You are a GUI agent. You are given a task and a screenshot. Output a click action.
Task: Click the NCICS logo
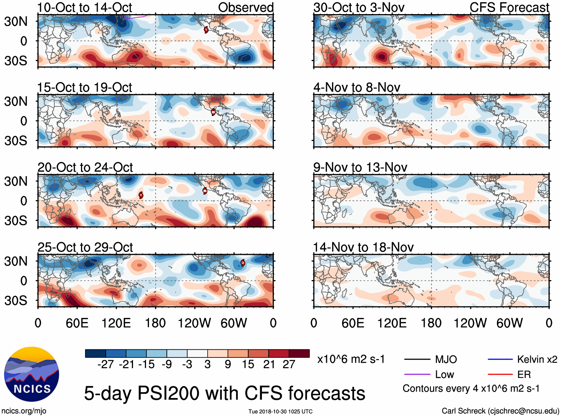tap(32, 374)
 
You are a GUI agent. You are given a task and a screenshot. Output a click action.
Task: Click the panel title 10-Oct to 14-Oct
tap(84, 7)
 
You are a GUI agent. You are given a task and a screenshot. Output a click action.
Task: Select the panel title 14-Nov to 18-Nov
tap(363, 247)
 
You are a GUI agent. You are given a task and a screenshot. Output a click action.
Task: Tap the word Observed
tap(246, 7)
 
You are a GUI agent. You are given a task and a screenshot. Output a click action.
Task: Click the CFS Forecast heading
tap(509, 7)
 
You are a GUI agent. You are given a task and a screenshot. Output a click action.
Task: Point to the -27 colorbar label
tap(106, 365)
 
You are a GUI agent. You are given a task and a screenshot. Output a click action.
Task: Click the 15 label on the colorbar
tap(248, 365)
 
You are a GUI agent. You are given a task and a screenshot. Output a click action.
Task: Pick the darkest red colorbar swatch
tap(299, 353)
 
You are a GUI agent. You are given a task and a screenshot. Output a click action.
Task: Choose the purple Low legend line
tap(417, 375)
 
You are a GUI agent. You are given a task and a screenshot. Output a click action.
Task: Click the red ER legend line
tap(500, 375)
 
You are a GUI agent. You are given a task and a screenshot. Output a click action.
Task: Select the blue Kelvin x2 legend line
tap(500, 359)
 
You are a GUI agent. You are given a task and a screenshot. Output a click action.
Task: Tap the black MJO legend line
tap(417, 359)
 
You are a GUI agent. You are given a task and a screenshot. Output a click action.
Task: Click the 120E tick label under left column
tap(116, 323)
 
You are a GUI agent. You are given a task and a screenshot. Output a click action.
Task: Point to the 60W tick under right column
tap(509, 323)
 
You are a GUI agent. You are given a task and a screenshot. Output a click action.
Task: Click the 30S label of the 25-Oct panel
tap(16, 301)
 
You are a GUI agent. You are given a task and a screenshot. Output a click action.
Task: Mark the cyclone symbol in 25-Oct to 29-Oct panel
tap(243, 263)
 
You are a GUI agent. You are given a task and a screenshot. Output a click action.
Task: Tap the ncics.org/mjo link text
tap(24, 411)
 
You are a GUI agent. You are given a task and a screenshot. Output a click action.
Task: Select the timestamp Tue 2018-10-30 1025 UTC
tap(280, 411)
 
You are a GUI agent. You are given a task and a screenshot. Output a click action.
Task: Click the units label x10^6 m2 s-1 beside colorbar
tap(351, 359)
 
